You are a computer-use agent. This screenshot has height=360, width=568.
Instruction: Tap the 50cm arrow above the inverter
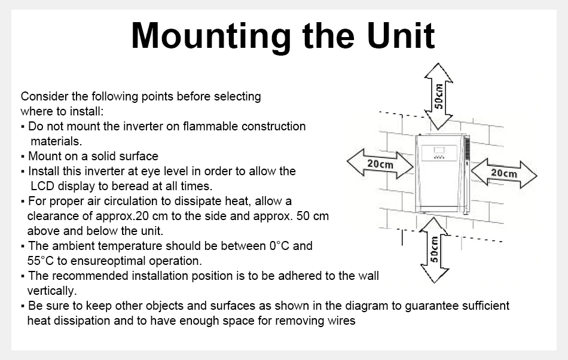438,96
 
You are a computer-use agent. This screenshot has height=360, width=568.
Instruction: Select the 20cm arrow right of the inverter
504,173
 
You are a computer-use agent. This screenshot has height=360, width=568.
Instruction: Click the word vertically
51,291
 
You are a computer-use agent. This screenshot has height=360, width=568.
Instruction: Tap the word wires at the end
343,321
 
